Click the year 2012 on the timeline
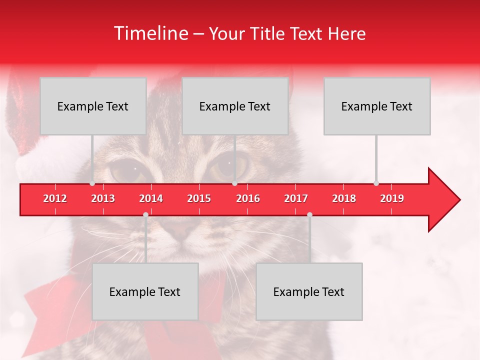pos(55,198)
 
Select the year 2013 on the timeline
pos(103,198)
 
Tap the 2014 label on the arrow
pos(151,198)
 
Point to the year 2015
pos(199,198)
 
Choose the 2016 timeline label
pos(248,198)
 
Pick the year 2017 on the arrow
pos(296,198)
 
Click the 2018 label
pos(344,198)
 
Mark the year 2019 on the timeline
pos(392,198)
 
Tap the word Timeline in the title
pos(150,33)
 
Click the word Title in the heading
pos(268,34)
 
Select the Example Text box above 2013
pos(93,106)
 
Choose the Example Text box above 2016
pos(235,106)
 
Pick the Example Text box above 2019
pos(377,106)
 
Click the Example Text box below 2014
pos(145,291)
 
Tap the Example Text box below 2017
pos(309,291)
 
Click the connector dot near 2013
pos(92,183)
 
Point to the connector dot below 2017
pos(309,214)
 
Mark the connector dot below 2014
pos(145,214)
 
